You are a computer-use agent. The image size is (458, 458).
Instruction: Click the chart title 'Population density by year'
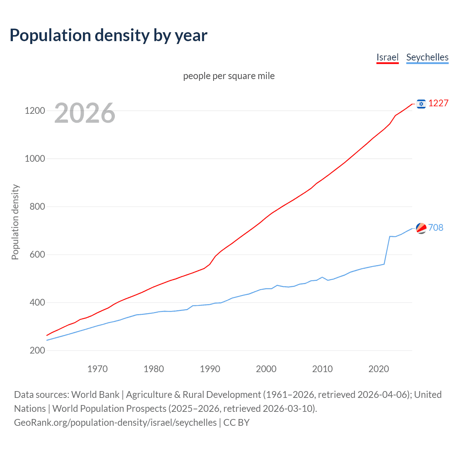pyautogui.click(x=108, y=35)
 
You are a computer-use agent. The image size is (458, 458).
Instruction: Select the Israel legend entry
pyautogui.click(x=387, y=57)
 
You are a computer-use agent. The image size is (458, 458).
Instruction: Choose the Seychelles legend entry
pyautogui.click(x=427, y=57)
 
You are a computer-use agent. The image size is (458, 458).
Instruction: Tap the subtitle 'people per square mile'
pyautogui.click(x=229, y=76)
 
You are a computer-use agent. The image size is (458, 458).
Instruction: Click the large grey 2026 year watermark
pyautogui.click(x=85, y=113)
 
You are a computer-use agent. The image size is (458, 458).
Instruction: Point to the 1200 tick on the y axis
pyautogui.click(x=35, y=111)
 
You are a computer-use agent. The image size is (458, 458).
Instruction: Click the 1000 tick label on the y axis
pyautogui.click(x=35, y=159)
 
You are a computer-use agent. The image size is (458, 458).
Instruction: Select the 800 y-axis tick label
pyautogui.click(x=37, y=206)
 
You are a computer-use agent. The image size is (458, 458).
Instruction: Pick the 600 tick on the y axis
pyautogui.click(x=37, y=254)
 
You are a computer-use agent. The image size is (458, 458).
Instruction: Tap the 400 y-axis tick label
pyautogui.click(x=37, y=302)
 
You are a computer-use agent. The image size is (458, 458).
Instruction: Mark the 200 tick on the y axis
pyautogui.click(x=37, y=350)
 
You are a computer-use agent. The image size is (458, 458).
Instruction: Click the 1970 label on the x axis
pyautogui.click(x=97, y=369)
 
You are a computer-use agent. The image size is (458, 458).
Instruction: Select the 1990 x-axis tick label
pyautogui.click(x=210, y=369)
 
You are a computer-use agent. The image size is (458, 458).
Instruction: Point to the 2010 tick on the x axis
pyautogui.click(x=322, y=369)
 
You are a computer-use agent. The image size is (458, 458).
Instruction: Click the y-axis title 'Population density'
pyautogui.click(x=15, y=222)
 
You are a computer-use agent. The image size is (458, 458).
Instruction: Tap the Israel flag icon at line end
pyautogui.click(x=421, y=104)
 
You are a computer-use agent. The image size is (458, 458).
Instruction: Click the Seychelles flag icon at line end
pyautogui.click(x=421, y=228)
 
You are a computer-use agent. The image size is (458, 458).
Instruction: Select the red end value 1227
pyautogui.click(x=438, y=103)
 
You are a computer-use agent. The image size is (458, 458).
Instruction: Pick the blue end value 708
pyautogui.click(x=436, y=228)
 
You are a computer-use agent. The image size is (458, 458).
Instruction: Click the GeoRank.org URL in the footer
pyautogui.click(x=115, y=423)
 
